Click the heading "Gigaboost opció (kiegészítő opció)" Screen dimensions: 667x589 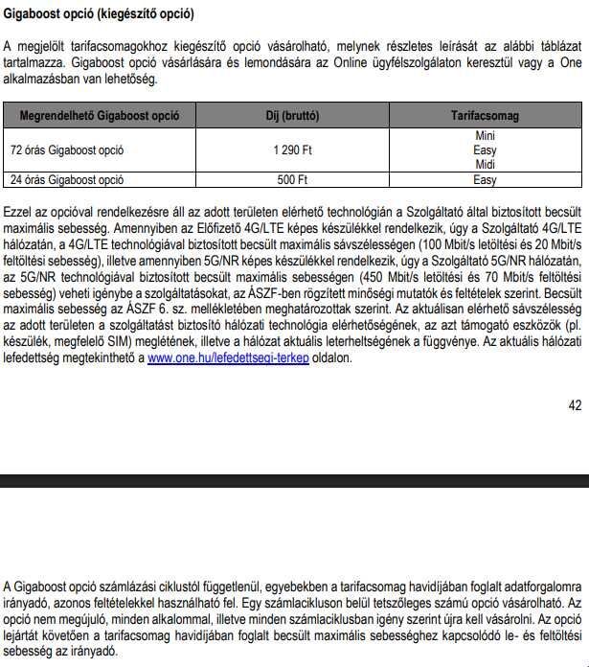click(99, 14)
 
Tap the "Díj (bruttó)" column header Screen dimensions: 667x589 click(293, 115)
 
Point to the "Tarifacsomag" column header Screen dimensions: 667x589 click(485, 115)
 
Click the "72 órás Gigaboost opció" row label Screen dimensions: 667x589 click(67, 150)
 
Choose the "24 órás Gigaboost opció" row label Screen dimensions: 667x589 click(67, 179)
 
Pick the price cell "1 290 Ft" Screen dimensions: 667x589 click(293, 150)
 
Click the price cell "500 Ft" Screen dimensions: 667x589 click(293, 179)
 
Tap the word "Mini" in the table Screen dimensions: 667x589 click(485, 136)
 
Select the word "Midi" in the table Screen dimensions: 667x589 click(485, 165)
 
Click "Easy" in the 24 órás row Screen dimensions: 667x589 click(485, 179)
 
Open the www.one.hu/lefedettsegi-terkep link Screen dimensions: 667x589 click(228, 358)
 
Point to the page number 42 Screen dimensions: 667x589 click(575, 405)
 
